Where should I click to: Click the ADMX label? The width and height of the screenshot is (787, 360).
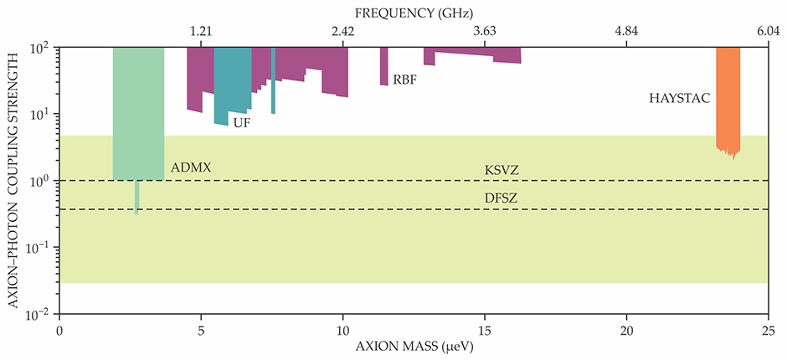[x=191, y=167]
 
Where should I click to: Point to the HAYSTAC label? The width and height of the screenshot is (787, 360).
[x=680, y=98]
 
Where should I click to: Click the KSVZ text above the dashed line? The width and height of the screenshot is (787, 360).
[x=502, y=171]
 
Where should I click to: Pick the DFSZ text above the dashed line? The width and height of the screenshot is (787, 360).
[x=502, y=199]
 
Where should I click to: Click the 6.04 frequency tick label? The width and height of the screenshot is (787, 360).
[x=769, y=32]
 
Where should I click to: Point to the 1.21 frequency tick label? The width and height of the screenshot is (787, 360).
[x=201, y=32]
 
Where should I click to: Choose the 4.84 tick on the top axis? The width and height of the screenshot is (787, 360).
[x=626, y=32]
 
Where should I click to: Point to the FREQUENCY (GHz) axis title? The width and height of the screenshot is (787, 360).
[x=414, y=13]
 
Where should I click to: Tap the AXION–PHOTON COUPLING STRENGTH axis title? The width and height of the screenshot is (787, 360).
[x=15, y=180]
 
